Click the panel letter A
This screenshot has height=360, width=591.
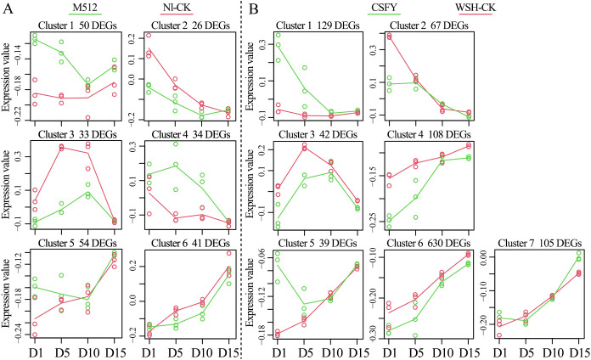pyautogui.click(x=8, y=8)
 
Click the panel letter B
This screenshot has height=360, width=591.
pyautogui.click(x=254, y=8)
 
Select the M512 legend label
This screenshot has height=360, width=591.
pyautogui.click(x=82, y=7)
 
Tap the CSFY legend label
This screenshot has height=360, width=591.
pyautogui.click(x=384, y=7)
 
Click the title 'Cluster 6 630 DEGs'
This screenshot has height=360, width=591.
pyautogui.click(x=429, y=243)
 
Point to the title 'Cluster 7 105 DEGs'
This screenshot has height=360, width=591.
pyautogui.click(x=540, y=243)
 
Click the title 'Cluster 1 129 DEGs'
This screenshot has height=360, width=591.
pyautogui.click(x=318, y=25)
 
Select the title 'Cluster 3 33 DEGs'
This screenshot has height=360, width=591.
pyautogui.click(x=77, y=135)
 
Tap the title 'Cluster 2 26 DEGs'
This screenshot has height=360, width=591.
pyautogui.click(x=190, y=25)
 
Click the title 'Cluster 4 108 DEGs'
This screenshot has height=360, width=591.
pyautogui.click(x=429, y=135)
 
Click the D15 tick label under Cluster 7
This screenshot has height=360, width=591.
pyautogui.click(x=579, y=353)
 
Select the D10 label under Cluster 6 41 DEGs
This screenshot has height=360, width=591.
pyautogui.click(x=202, y=353)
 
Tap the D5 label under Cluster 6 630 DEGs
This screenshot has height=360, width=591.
pyautogui.click(x=416, y=353)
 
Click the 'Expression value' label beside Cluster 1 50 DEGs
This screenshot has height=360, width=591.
pyautogui.click(x=7, y=77)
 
